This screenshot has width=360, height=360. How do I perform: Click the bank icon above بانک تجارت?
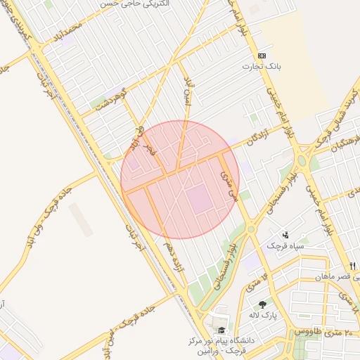point(262,56)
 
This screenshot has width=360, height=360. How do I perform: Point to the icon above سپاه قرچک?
point(285,235)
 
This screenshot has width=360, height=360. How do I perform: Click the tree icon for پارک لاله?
point(263,304)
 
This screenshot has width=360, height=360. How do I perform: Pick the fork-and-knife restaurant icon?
point(352,265)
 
